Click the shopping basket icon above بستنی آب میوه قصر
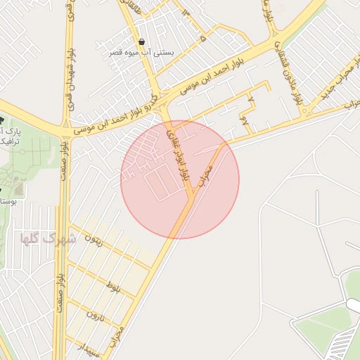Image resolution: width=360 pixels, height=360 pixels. [x=143, y=42]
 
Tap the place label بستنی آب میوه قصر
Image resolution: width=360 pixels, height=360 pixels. [x=143, y=53]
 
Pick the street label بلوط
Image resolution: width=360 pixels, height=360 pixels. [x=112, y=285]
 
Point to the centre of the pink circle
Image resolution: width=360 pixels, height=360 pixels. [x=180, y=180]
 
